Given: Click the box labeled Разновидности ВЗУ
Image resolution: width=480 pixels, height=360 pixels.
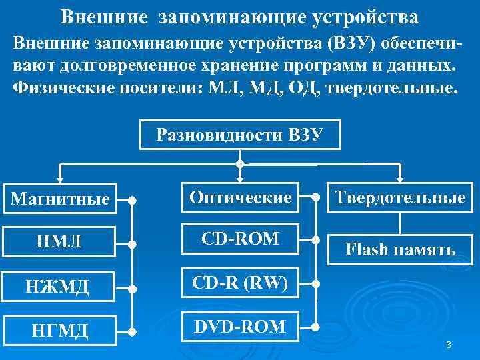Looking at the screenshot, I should tap(240, 135).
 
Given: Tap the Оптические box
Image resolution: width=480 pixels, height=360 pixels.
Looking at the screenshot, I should tap(240, 197).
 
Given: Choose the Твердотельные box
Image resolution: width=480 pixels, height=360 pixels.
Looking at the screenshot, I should tap(399, 197).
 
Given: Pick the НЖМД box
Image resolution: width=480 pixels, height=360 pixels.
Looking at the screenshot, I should tap(61, 287).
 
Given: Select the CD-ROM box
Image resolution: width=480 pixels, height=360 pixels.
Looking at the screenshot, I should tap(240, 239).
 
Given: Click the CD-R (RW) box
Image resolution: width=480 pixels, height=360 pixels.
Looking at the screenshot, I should tap(240, 285).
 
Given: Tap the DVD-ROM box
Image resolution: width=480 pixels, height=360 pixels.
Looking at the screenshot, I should tap(240, 327).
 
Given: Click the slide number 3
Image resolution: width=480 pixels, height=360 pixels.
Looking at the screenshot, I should tap(449, 345).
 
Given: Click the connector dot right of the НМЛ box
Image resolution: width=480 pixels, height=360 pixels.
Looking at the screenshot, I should tap(133, 243).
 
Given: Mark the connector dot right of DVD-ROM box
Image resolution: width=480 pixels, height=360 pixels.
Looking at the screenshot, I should tap(315, 327).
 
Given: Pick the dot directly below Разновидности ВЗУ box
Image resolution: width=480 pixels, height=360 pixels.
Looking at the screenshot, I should tap(240, 163).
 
